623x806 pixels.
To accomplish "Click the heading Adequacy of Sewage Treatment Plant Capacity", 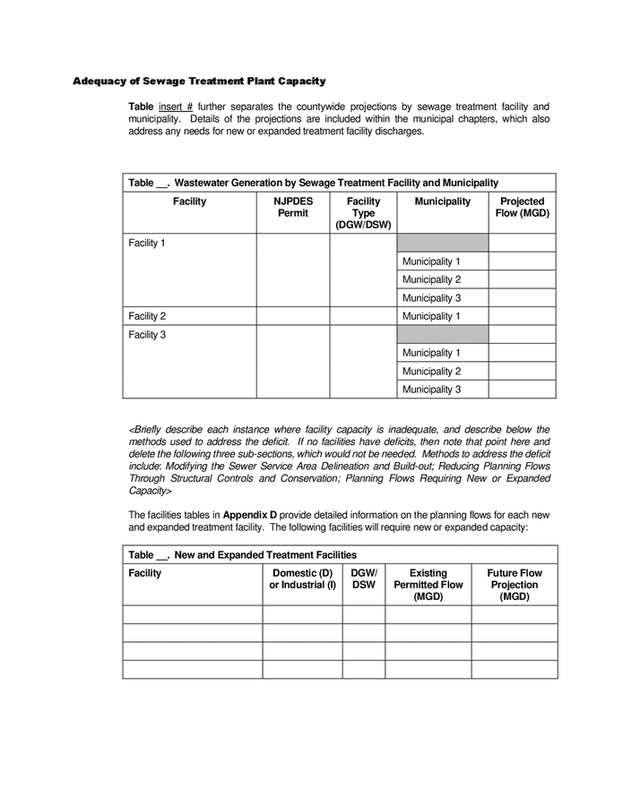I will (199, 81).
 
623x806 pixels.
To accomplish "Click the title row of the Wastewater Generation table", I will (313, 183).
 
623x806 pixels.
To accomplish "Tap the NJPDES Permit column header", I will (292, 208).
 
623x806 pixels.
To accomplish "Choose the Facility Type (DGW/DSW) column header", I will (363, 213).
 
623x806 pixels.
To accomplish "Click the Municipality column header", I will (442, 202).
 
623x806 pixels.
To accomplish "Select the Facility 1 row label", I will (147, 244).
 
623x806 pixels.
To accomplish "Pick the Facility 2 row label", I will (147, 316).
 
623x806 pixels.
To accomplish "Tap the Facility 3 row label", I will (147, 335).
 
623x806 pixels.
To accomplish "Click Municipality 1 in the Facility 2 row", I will (431, 316).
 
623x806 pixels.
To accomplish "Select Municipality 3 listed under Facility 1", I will (431, 298).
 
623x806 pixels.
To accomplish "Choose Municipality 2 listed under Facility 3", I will (431, 371).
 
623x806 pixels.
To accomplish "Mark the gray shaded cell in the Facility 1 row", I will (442, 243).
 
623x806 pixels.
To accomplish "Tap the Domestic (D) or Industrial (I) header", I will (302, 579).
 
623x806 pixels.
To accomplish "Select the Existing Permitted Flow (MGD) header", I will (428, 585).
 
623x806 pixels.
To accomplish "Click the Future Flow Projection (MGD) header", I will (515, 585).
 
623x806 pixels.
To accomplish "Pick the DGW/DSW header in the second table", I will (364, 579).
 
